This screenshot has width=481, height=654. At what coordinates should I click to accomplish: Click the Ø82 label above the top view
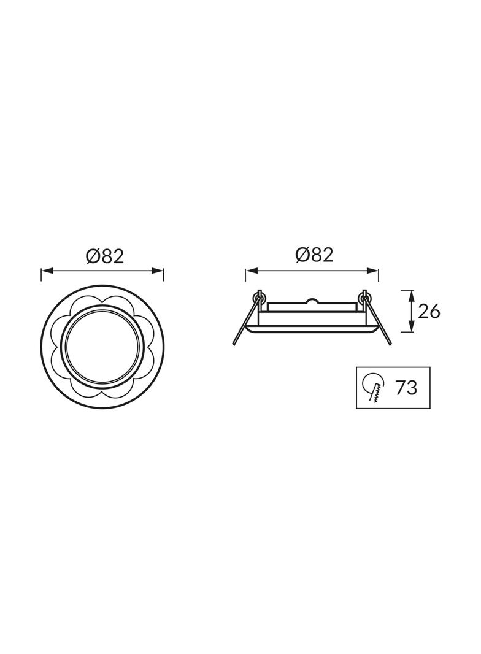pos(105,256)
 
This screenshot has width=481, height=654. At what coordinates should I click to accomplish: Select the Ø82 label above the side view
pos(314,255)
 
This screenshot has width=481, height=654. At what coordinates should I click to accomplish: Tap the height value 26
pos(429,311)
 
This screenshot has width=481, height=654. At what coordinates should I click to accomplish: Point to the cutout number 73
pos(406,388)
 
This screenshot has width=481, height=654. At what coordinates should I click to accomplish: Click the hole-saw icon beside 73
pos(374,387)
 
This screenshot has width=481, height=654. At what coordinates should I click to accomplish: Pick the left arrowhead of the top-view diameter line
pos(45,271)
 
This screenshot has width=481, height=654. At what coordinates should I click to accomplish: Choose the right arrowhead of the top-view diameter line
pos(158,271)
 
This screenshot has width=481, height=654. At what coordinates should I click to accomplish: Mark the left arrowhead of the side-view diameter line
pos(251,271)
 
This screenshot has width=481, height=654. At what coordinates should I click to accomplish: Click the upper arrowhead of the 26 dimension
pos(411,295)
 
